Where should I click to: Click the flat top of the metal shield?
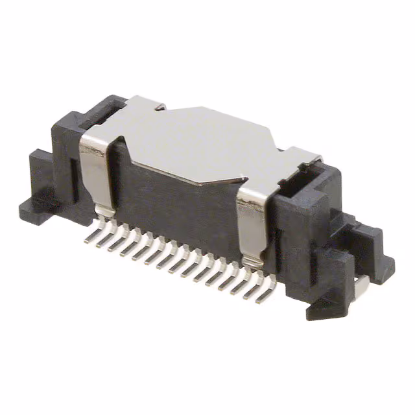pos(195,139)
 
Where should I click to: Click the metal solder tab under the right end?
pos(361,282)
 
